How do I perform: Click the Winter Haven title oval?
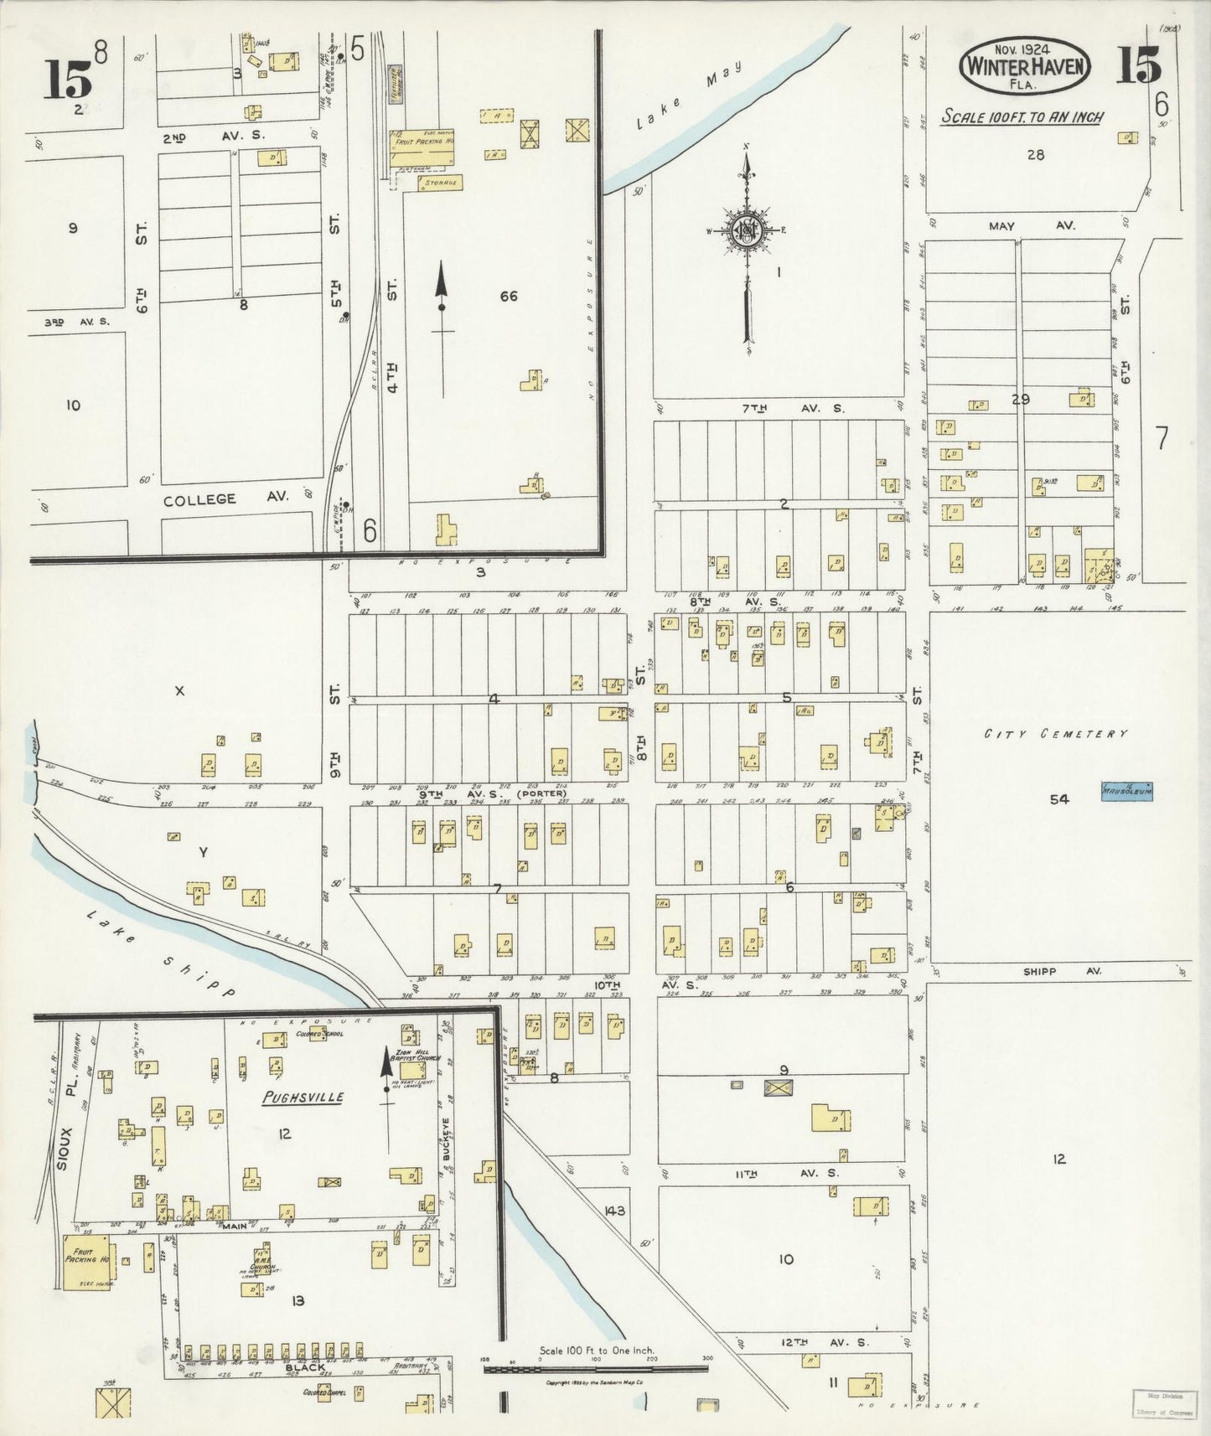(1025, 66)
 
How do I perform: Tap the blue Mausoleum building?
(1126, 791)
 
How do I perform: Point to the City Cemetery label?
(1055, 734)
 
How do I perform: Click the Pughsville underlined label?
(303, 1098)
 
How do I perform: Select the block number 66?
(508, 296)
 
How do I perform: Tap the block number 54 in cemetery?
(1059, 799)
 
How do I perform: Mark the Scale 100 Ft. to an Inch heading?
(1022, 117)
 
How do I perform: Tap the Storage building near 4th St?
(440, 182)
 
